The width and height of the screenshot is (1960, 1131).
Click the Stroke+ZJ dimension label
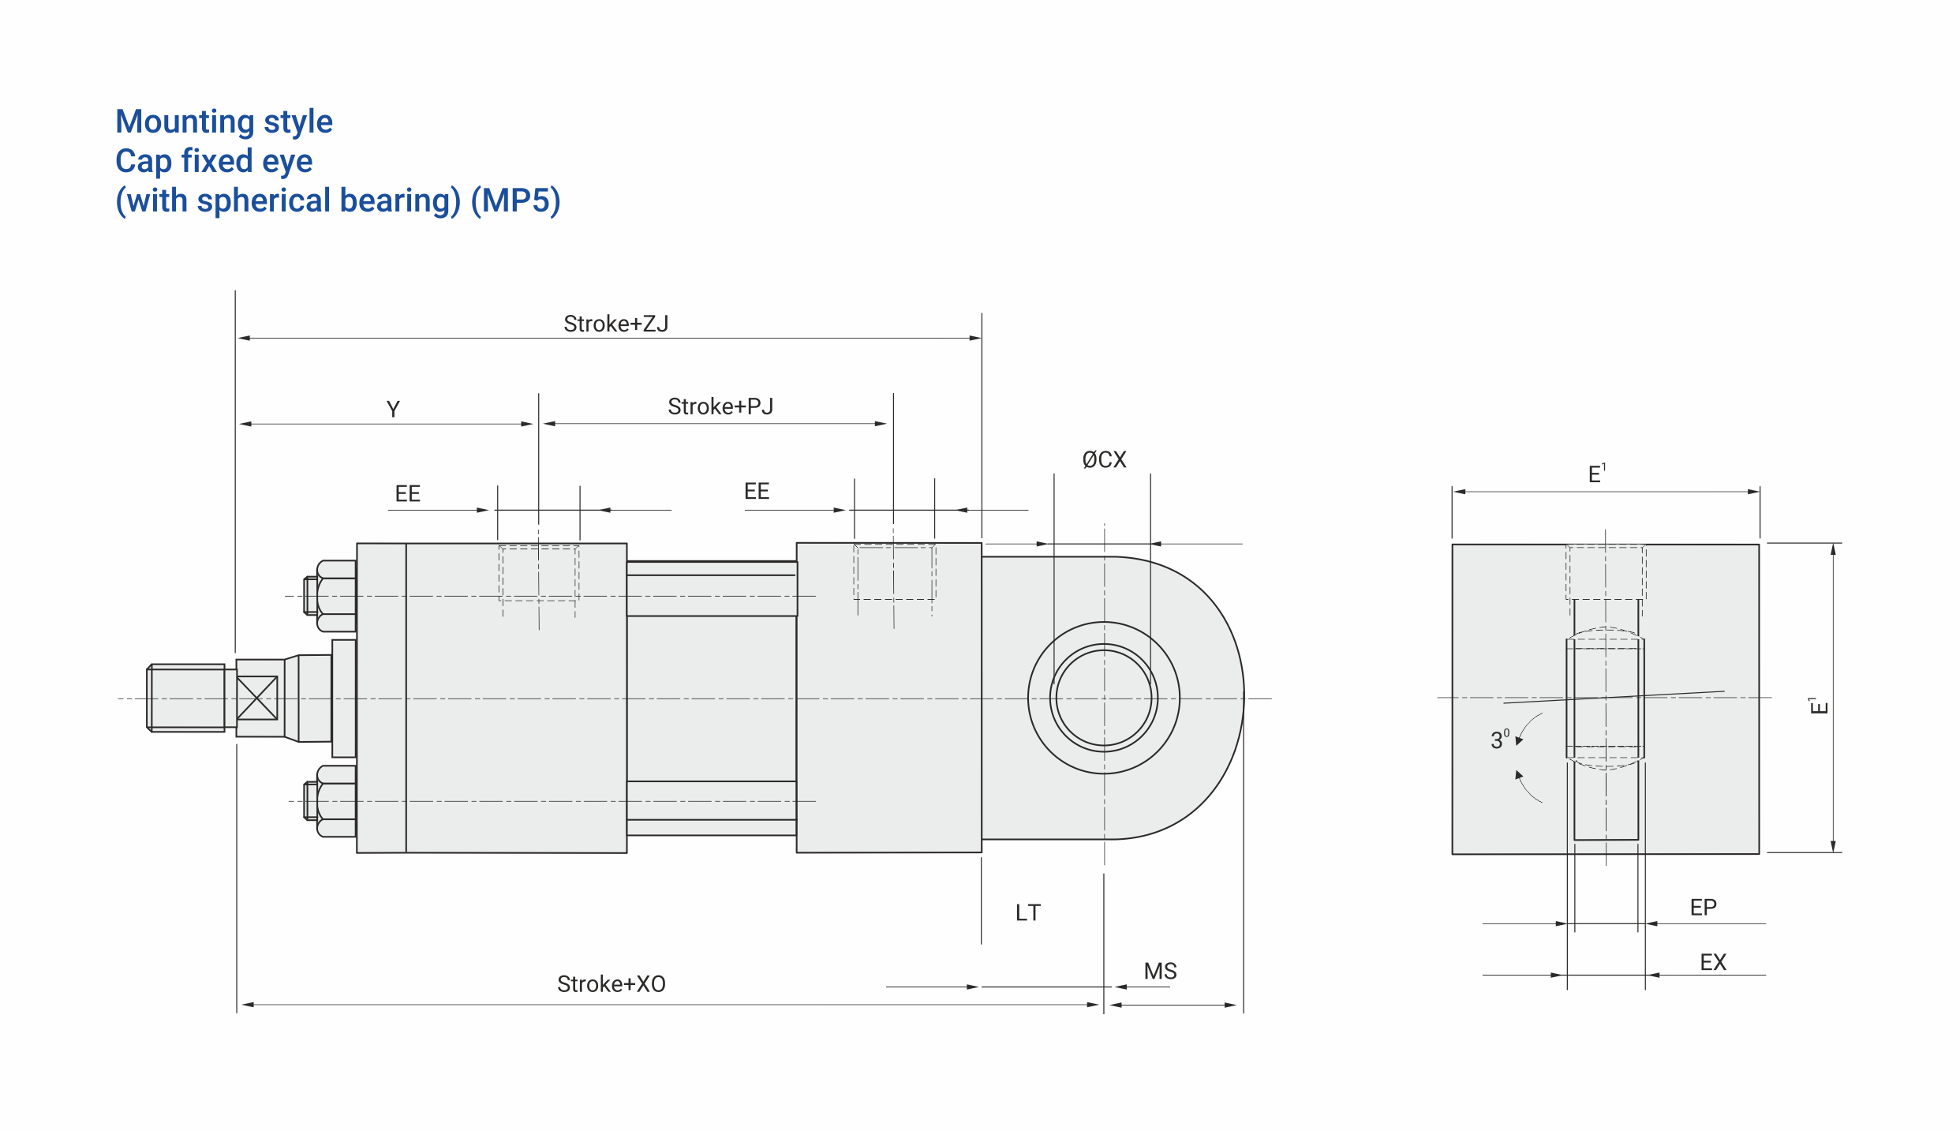pos(615,324)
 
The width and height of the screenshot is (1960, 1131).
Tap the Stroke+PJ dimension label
pos(720,406)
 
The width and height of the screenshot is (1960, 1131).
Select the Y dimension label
pos(393,410)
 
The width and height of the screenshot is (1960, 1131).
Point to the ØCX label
pos(1104,459)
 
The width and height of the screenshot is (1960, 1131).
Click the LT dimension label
pos(1028,913)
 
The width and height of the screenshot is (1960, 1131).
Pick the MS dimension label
pos(1160,971)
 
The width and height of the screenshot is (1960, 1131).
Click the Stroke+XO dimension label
pos(612,984)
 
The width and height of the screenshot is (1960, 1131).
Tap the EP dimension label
pos(1704,908)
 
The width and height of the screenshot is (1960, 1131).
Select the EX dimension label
pos(1713,962)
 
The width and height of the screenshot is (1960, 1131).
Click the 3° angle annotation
pos(1500,740)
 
